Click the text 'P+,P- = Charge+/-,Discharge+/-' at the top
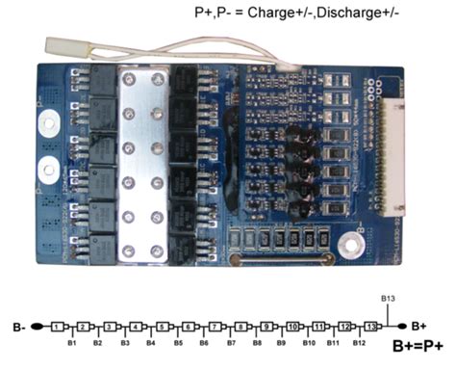(298, 13)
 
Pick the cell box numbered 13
(371, 327)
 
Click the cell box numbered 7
(215, 327)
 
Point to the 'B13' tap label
(389, 301)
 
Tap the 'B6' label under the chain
(203, 342)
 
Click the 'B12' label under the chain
(358, 342)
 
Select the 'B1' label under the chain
(71, 342)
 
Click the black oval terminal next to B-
(38, 327)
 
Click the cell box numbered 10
(293, 327)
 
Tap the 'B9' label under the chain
(281, 342)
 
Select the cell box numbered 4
(137, 327)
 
